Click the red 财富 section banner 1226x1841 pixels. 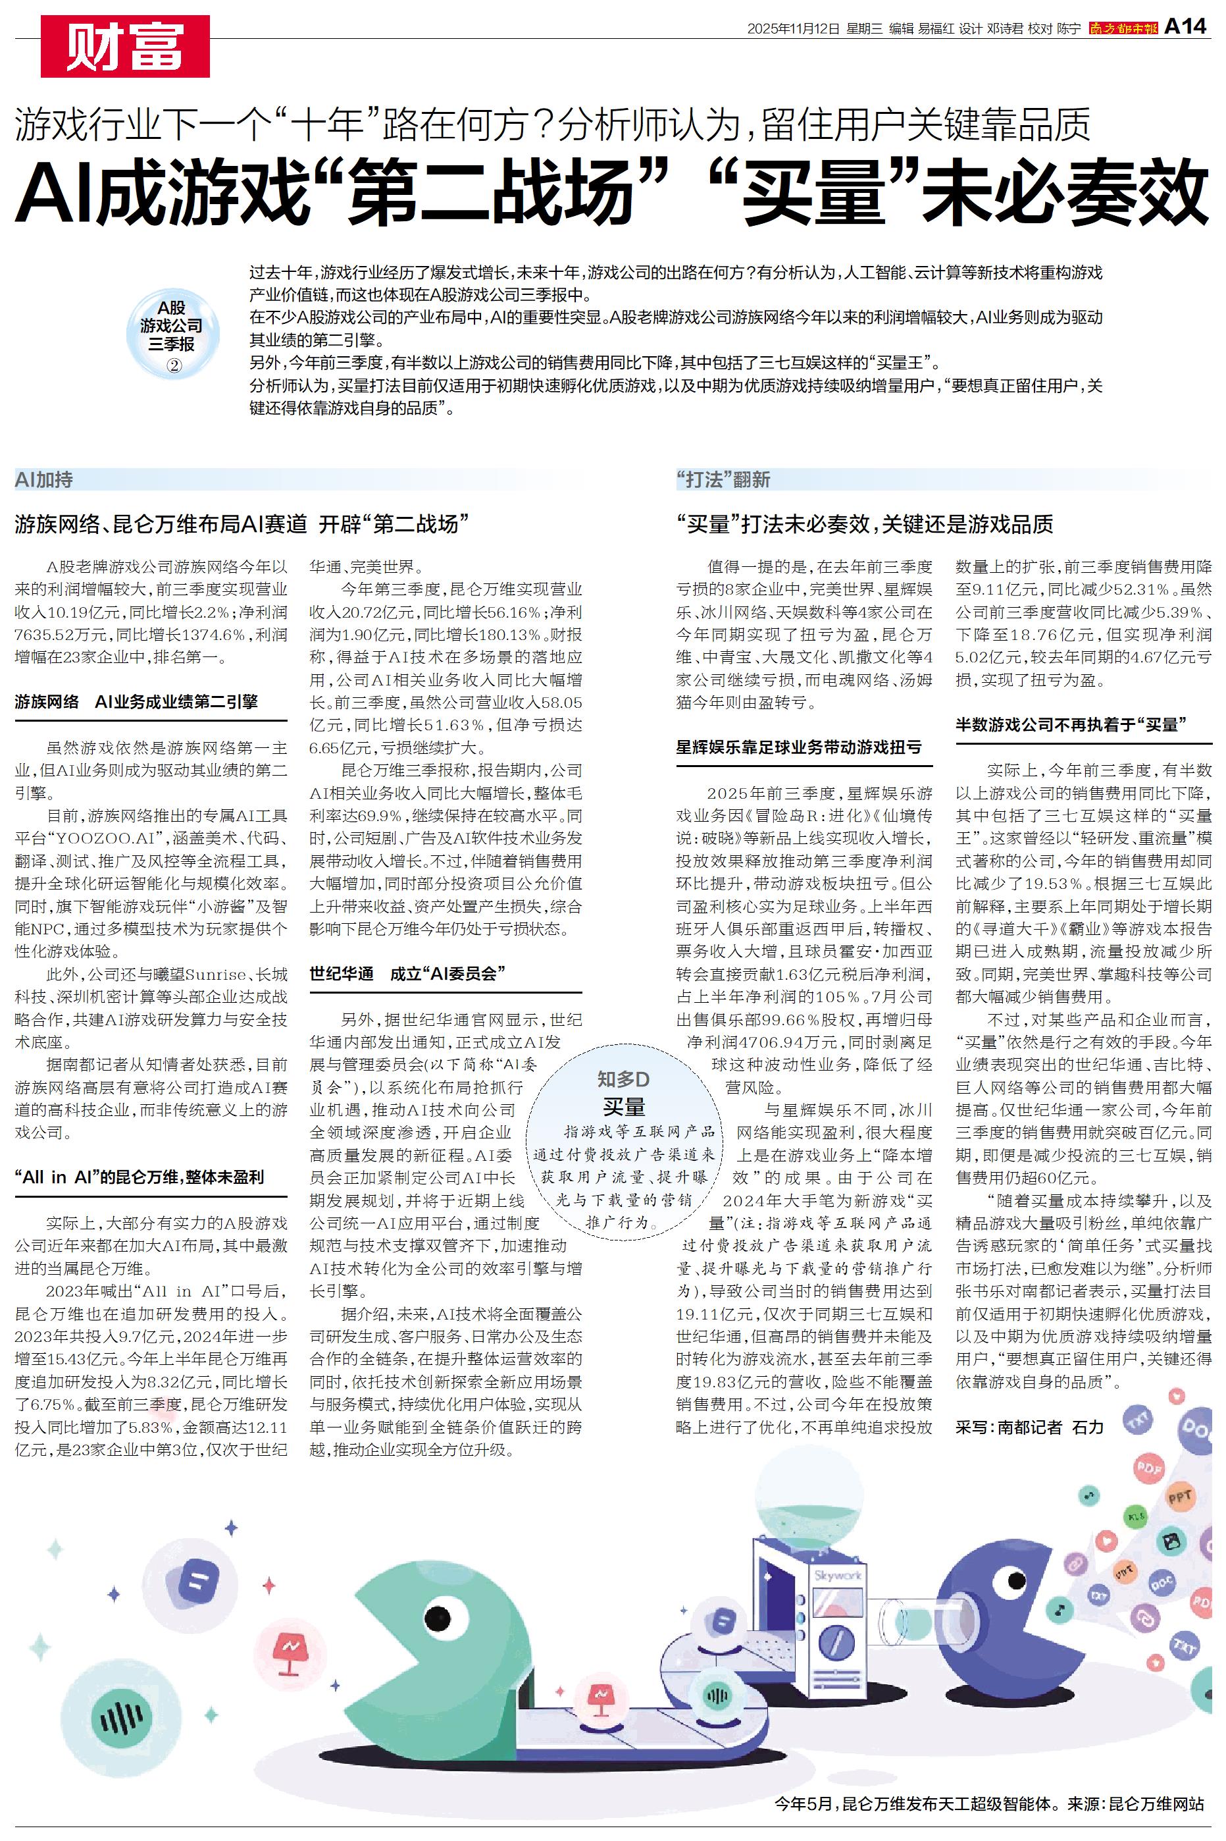(x=125, y=46)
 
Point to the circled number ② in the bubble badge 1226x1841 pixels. (x=174, y=365)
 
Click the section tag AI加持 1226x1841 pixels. (x=44, y=479)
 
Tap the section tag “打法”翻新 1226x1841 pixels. (x=723, y=479)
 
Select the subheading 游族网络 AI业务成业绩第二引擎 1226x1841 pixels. (x=136, y=701)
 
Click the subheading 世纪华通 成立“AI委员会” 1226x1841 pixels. (x=407, y=973)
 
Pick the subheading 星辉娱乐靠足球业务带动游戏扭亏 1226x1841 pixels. (x=798, y=747)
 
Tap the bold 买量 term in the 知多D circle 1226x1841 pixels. (x=623, y=1107)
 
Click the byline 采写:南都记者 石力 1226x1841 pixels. (x=1029, y=1426)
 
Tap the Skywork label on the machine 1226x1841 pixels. (x=837, y=1575)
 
